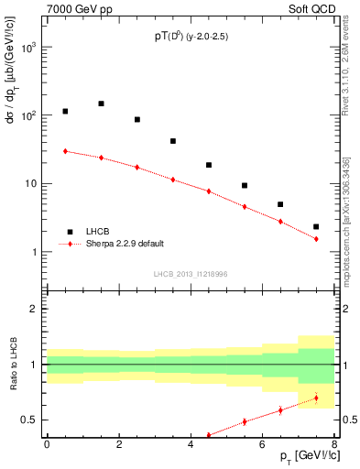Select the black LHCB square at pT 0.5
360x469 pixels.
point(65,111)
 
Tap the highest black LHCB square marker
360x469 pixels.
point(101,104)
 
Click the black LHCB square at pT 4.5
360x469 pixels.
point(209,165)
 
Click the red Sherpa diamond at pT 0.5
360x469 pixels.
point(65,151)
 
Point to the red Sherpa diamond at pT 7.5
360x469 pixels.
point(316,239)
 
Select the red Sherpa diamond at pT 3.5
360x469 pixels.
point(173,180)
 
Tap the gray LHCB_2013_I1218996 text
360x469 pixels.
point(190,274)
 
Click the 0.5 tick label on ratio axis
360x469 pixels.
point(31,420)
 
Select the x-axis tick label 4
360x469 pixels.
point(191,444)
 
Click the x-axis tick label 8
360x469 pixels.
point(334,444)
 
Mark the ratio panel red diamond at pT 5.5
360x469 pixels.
point(245,421)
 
